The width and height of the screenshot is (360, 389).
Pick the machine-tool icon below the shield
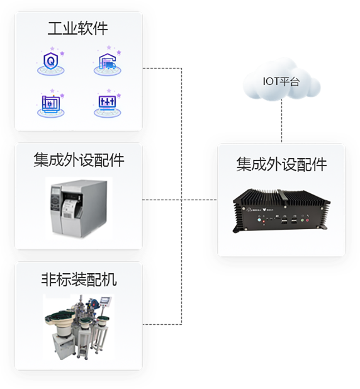tap(50, 104)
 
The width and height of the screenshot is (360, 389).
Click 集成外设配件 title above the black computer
tap(281, 164)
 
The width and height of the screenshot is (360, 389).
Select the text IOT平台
tap(281, 81)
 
